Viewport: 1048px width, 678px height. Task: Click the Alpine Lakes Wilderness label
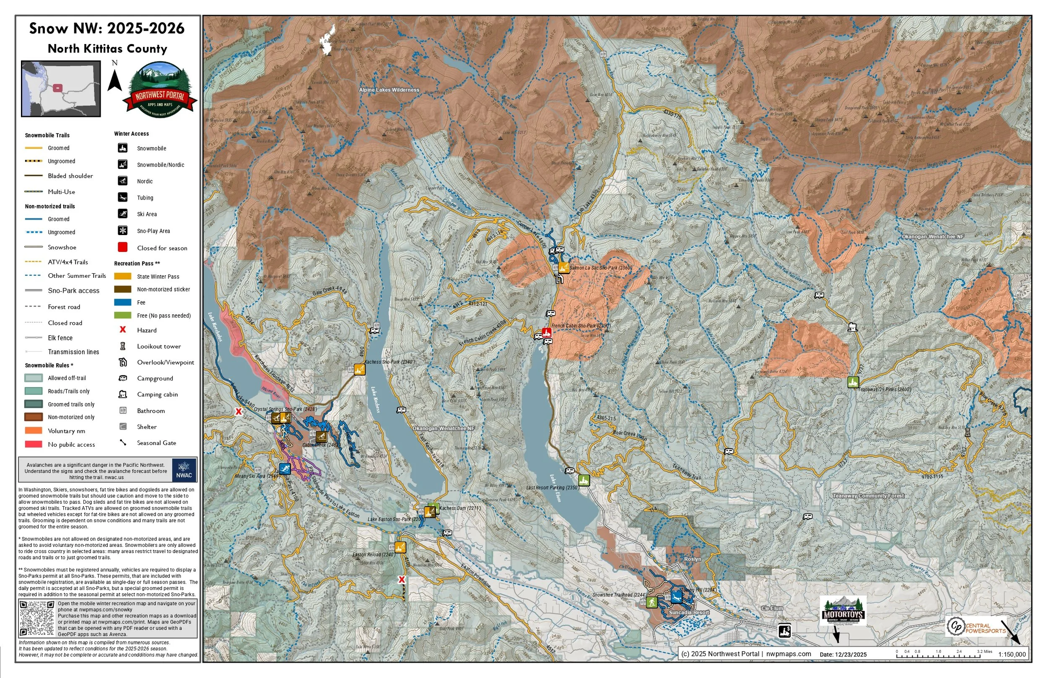[x=389, y=90]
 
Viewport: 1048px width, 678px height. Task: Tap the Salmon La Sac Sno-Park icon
[x=564, y=267]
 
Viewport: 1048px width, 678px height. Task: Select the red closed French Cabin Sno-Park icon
[x=547, y=332]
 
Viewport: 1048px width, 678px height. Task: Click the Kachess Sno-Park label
[x=389, y=362]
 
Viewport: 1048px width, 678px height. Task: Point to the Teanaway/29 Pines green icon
[x=853, y=382]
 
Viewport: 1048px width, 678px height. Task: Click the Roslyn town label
[x=692, y=559]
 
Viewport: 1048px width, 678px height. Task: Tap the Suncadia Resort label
[x=689, y=612]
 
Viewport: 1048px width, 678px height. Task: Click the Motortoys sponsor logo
[x=843, y=611]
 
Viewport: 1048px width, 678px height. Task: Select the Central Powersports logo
[x=975, y=626]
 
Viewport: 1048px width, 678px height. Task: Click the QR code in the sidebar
[x=37, y=618]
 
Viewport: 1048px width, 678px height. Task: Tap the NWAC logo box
[x=184, y=470]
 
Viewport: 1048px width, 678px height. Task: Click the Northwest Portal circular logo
[x=160, y=90]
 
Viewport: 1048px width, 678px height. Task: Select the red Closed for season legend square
[x=123, y=247]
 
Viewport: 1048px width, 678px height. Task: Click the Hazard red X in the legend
[x=123, y=330]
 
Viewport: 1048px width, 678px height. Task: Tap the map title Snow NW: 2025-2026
[x=107, y=28]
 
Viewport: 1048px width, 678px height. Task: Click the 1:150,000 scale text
[x=1012, y=654]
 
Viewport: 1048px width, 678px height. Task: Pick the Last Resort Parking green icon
[x=584, y=480]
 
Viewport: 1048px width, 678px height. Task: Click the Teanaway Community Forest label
[x=868, y=496]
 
